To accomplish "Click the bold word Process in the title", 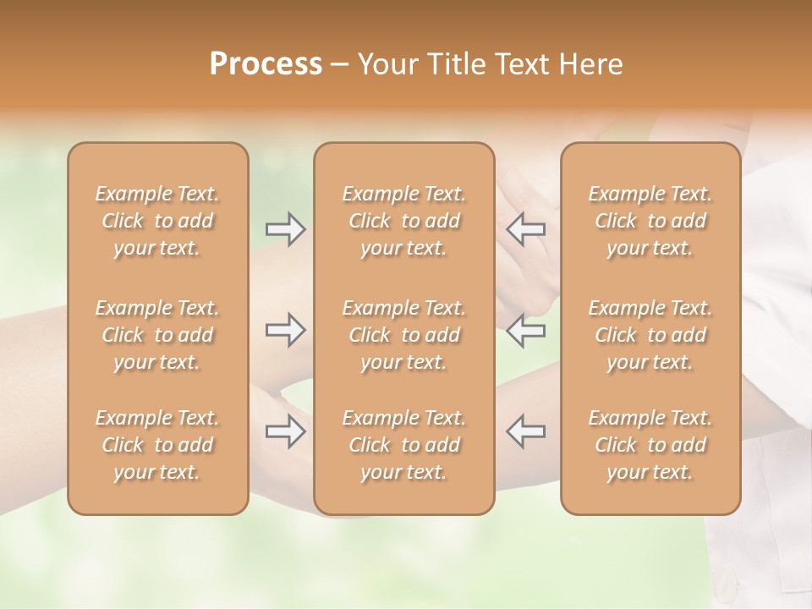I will point(266,64).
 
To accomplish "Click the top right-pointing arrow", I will point(286,229).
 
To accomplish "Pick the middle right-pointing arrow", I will point(286,330).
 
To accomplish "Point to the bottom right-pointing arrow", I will point(286,431).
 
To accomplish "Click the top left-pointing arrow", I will point(525,229).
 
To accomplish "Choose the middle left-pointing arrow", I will point(525,330).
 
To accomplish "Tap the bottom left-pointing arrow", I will point(525,431).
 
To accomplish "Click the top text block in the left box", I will point(157,221).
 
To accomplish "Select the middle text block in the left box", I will point(157,335).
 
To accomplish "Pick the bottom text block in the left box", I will point(157,445).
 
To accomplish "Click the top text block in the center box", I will point(404,221).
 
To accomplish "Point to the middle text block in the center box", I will point(404,335).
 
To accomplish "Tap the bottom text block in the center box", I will point(404,445).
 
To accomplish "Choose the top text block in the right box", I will point(650,221).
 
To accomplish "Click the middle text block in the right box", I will point(650,335).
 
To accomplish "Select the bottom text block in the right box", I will point(650,445).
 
